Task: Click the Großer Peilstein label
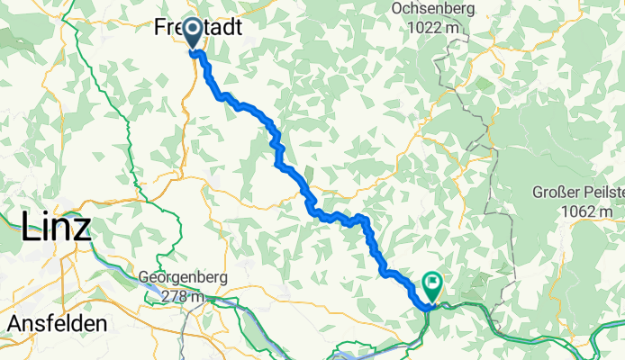pyautogui.click(x=575, y=193)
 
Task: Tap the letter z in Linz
pyautogui.click(x=83, y=229)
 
